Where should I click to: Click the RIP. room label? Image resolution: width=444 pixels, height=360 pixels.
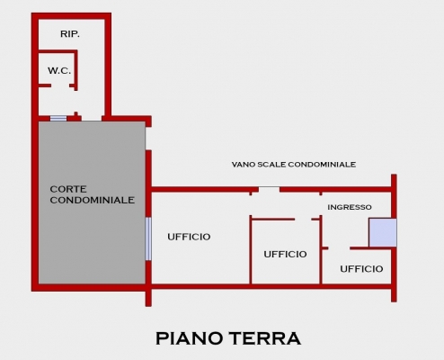(x=70, y=34)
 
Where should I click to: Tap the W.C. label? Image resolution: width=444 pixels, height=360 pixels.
(x=59, y=71)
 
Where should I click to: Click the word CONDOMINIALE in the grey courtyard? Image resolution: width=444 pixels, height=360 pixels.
(x=93, y=200)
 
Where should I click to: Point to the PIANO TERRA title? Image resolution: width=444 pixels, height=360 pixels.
(x=228, y=338)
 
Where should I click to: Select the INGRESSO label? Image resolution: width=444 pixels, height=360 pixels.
(x=350, y=207)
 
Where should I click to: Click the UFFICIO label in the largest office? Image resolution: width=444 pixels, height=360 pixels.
(x=189, y=237)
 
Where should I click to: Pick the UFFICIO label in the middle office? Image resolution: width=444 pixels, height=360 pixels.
(x=285, y=255)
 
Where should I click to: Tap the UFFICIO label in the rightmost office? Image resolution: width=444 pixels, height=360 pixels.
(x=361, y=269)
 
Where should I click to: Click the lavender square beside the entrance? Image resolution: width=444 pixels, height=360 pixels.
(x=383, y=232)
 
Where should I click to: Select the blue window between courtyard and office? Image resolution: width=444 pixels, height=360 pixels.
(x=148, y=238)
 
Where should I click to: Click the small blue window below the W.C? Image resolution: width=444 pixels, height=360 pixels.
(x=58, y=119)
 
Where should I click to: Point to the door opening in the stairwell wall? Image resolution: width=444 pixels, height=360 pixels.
(x=269, y=189)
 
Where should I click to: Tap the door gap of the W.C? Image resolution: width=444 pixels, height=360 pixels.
(x=60, y=85)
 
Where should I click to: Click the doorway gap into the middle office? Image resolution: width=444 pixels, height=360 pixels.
(x=303, y=220)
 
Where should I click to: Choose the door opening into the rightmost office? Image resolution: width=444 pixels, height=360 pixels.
(x=339, y=248)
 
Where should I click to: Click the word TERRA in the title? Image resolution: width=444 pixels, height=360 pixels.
(x=266, y=338)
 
